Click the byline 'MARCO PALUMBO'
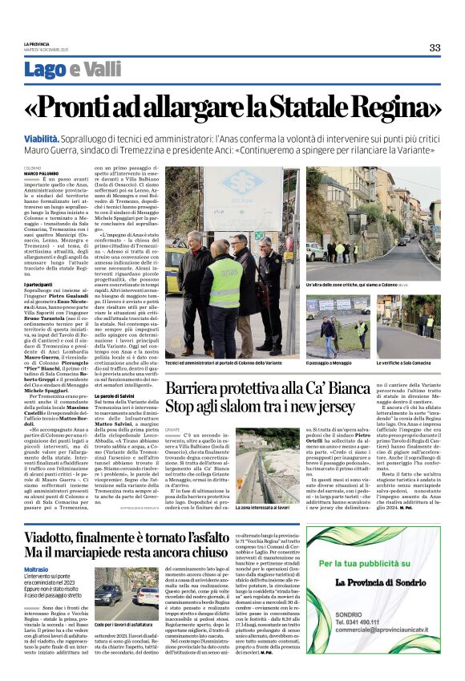pos(40,172)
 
